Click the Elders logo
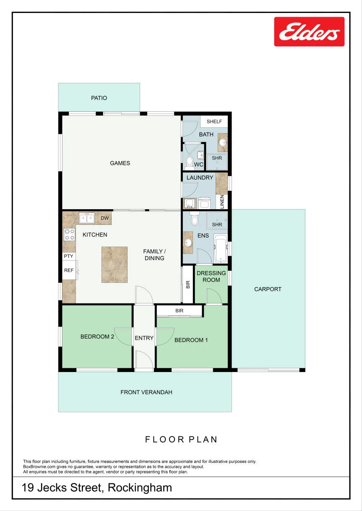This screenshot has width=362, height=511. coord(309,32)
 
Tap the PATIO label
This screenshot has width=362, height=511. coord(99,98)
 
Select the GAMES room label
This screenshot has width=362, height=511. coord(120,163)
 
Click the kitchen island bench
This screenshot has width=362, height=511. coord(115,264)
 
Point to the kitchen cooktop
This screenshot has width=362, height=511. coord(70,234)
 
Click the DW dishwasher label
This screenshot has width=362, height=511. coord(104,218)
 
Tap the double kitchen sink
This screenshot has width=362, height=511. coord(87,218)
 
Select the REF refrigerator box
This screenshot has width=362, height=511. coord(69,270)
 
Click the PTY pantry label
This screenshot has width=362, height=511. coord(68,256)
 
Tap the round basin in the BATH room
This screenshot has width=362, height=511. coord(222,143)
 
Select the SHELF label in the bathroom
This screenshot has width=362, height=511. coord(214,121)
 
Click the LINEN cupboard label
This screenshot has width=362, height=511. coord(222,202)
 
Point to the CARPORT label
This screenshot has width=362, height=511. coord(268,289)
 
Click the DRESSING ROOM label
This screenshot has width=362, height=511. coord(211,277)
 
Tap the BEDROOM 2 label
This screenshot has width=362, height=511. coord(97,336)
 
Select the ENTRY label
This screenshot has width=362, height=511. coord(144,338)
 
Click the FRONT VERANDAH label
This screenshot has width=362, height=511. coord(146,392)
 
